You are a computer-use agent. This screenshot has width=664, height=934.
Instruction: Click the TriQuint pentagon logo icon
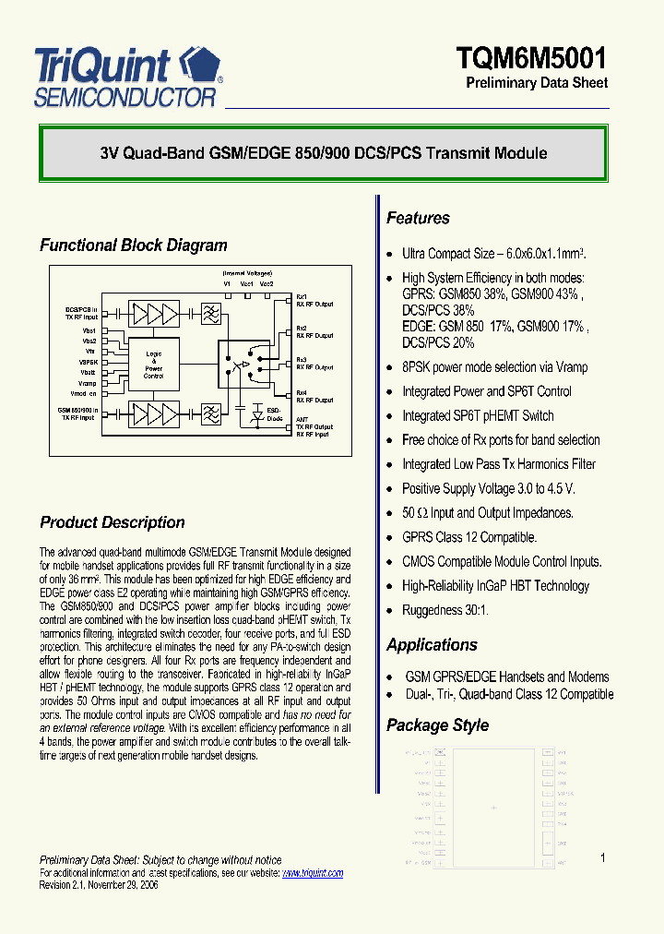coord(199,66)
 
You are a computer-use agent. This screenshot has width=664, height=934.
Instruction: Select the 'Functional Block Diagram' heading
coord(133,245)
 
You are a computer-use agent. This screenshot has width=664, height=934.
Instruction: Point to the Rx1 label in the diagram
coord(301,296)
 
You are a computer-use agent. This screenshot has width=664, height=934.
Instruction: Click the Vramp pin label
coord(88,383)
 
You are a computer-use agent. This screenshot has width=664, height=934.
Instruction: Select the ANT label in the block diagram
coord(302,419)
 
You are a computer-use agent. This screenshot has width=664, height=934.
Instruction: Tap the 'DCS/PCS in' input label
coord(81,310)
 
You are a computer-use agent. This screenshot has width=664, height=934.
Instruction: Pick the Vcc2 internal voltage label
coord(267,284)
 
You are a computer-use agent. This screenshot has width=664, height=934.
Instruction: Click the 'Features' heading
coord(418,219)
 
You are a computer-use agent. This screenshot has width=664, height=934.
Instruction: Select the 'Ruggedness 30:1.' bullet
coord(445,610)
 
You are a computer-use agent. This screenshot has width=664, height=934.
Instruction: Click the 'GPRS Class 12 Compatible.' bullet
coord(468,537)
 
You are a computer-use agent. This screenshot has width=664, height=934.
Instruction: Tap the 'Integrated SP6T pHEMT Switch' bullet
coord(478,415)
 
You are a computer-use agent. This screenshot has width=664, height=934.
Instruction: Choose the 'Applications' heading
coord(432,645)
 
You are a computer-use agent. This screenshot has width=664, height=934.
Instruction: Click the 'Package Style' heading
coord(437,725)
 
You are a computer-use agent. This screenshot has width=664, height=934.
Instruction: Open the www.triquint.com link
coord(312,873)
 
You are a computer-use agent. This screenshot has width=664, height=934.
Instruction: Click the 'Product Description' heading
coord(112,522)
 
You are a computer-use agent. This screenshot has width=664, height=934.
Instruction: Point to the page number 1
coord(603,858)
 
